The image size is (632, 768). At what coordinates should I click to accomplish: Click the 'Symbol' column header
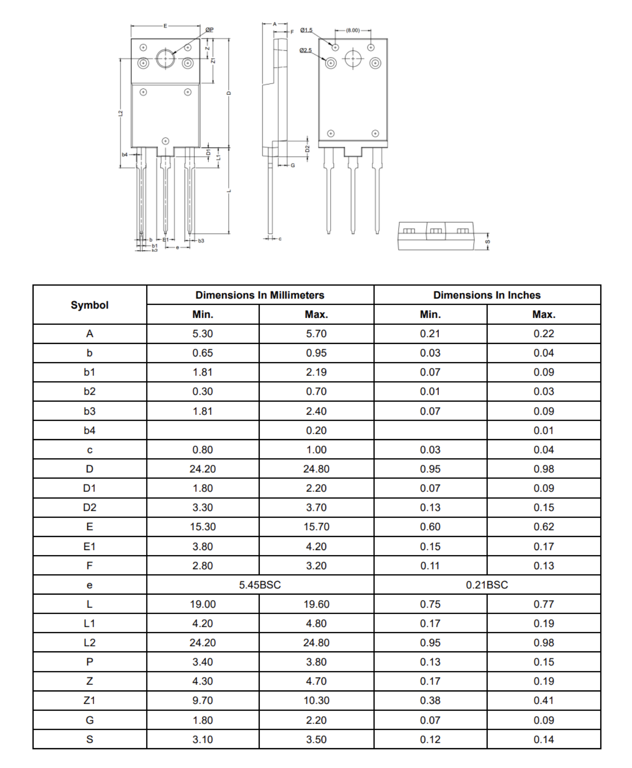89,305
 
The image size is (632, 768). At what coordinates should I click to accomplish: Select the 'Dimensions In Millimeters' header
260,295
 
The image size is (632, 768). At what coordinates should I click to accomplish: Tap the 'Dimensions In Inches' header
487,295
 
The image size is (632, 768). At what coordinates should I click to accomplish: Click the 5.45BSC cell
260,585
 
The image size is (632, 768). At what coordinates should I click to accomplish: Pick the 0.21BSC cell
487,585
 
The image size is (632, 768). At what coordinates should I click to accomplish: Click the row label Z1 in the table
89,700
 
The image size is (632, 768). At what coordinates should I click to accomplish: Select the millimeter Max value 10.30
316,700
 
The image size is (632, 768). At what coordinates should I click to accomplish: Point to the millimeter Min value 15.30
202,526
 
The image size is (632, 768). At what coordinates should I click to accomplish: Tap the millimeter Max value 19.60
316,604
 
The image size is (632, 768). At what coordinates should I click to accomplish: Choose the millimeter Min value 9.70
202,700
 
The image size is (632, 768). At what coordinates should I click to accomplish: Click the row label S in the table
89,739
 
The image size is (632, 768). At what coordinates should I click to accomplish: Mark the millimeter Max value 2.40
316,411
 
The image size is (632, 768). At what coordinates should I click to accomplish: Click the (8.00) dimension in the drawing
353,31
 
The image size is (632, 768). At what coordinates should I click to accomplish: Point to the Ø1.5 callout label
306,30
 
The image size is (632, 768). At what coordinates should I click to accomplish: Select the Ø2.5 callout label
305,50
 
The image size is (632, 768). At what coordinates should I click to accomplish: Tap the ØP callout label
209,30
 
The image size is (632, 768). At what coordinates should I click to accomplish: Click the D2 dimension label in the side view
307,149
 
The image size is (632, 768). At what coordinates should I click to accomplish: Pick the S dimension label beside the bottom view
488,242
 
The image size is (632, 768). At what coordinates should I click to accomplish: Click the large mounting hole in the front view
165,58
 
